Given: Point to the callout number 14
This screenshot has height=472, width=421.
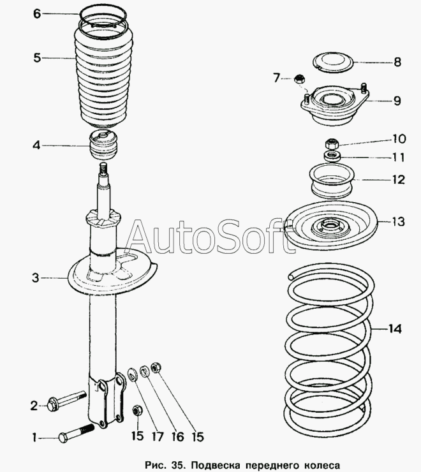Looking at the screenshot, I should pos(395,329).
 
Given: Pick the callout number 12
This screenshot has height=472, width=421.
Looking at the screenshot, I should pos(398,180).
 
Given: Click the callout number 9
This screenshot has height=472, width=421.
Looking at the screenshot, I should pos(397,100).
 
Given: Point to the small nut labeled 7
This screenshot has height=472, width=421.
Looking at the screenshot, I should pos(299,79).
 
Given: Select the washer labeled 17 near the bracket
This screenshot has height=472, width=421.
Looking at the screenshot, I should pos(133,373).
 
